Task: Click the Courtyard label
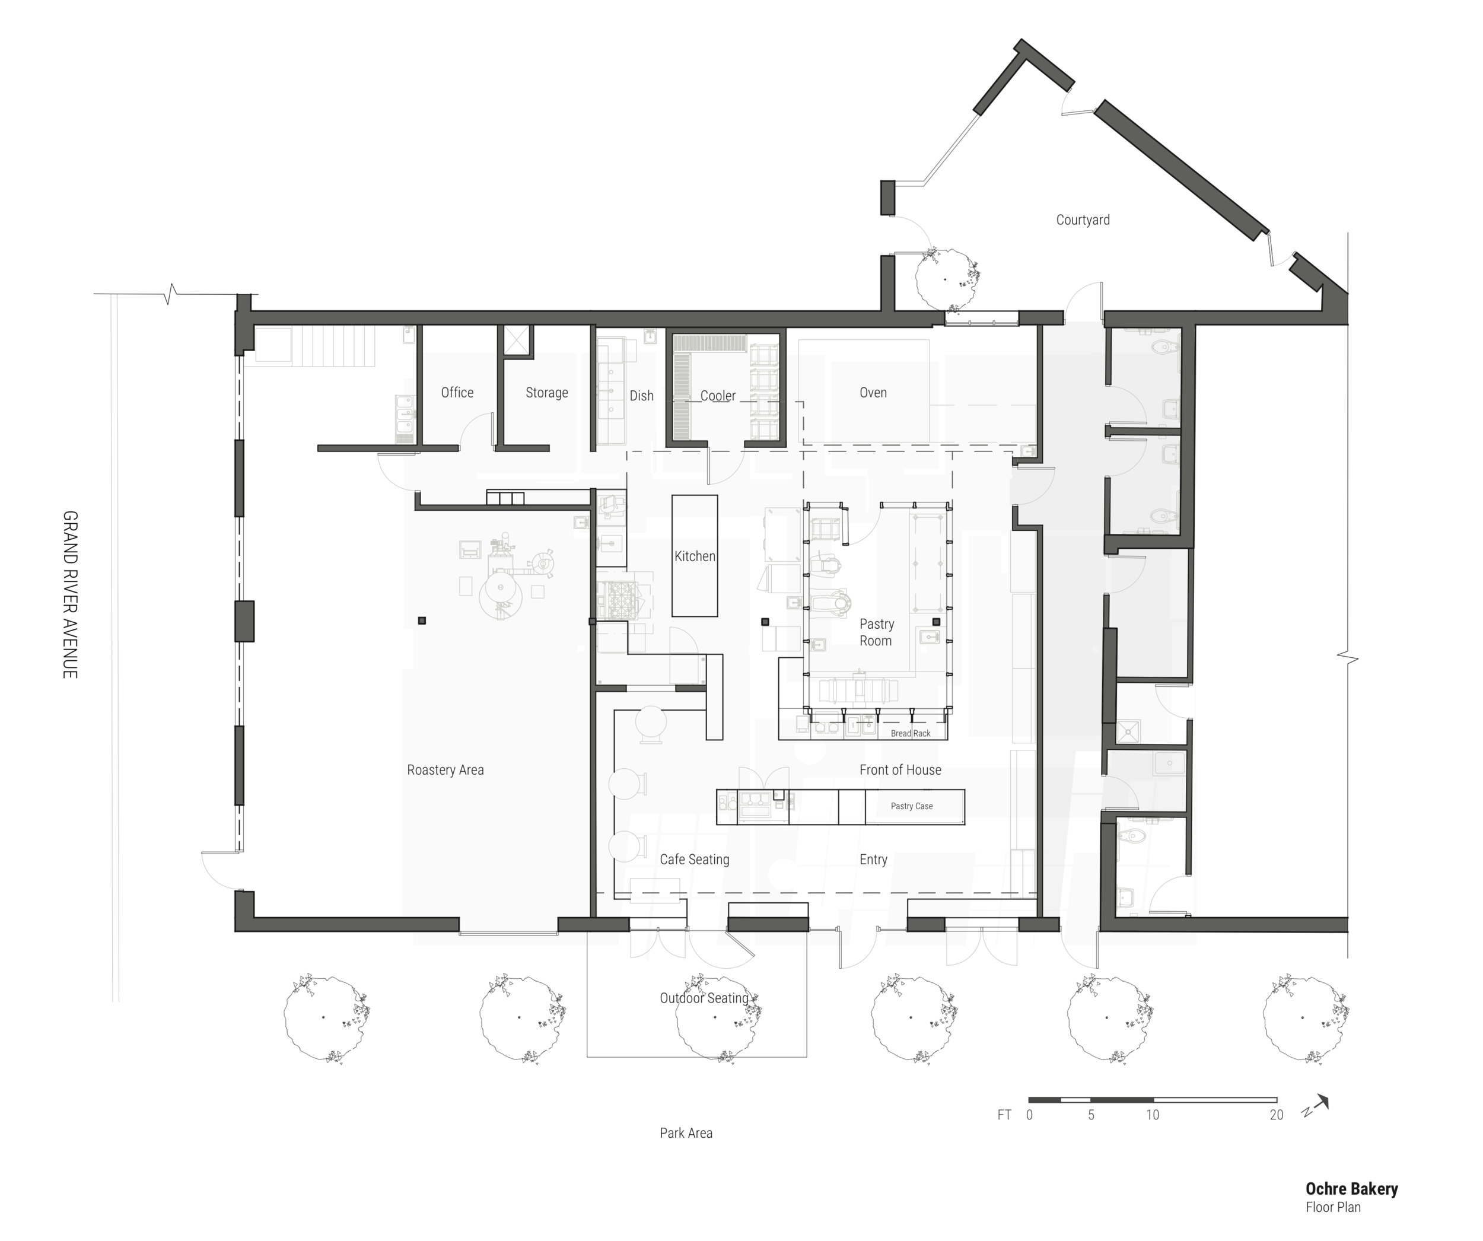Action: coord(1083,219)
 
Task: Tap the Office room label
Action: coord(457,392)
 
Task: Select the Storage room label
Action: coord(546,393)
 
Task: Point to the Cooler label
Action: coord(718,396)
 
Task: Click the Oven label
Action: coord(873,392)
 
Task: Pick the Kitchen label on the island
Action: coord(695,556)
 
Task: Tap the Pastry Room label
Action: coord(876,632)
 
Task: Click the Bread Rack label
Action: coord(911,733)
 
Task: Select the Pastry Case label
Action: coord(912,806)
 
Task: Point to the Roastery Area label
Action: coord(445,770)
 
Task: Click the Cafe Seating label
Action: coord(694,860)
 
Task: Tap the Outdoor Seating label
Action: coord(704,998)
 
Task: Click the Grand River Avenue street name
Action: coord(70,595)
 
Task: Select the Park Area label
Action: coord(686,1133)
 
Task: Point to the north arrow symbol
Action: coord(1317,1105)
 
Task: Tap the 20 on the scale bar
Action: coord(1276,1115)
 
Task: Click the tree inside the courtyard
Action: coord(946,279)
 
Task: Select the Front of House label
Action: coord(900,770)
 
